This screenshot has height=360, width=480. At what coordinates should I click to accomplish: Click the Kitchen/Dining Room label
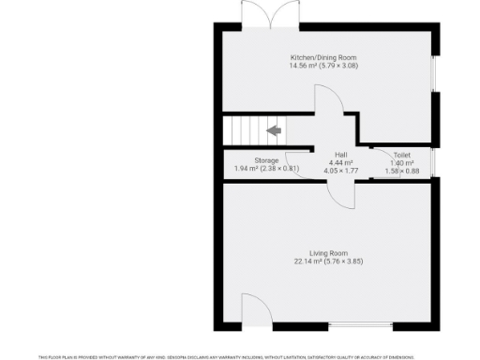coord(324,57)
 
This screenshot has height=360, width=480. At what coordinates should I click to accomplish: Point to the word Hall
coord(341,154)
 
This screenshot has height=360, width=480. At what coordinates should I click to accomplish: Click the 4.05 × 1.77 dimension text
coord(341,172)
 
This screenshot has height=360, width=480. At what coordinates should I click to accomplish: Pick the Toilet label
coord(402,154)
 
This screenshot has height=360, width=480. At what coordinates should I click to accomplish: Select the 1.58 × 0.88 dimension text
coord(402,171)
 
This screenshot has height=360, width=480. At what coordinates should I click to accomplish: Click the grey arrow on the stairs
coord(275,130)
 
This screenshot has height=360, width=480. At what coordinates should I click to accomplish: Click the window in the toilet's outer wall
coord(431,161)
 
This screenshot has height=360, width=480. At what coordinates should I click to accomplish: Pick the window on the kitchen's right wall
coord(432,75)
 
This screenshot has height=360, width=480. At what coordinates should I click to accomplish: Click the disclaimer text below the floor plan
coord(240,356)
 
